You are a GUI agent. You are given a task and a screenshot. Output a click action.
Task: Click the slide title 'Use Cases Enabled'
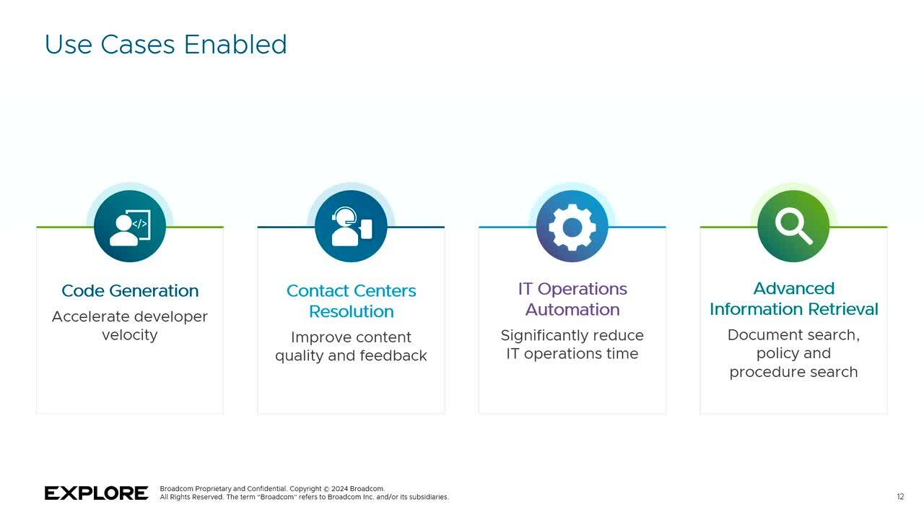[x=165, y=45]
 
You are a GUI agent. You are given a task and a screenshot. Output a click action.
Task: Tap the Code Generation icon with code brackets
[x=130, y=226]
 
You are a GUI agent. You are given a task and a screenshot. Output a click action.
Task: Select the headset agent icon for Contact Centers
[x=351, y=226]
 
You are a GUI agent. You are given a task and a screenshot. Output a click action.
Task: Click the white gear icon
[x=572, y=227]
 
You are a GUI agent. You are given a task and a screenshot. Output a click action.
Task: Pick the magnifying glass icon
[x=793, y=225]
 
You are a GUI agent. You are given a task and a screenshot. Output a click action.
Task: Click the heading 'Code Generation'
[x=130, y=291]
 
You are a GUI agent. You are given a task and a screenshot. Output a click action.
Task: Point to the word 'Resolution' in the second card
[x=352, y=311]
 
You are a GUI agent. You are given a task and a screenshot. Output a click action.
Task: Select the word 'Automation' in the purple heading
[x=572, y=310]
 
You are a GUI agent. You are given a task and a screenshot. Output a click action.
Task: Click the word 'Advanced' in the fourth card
[x=794, y=288]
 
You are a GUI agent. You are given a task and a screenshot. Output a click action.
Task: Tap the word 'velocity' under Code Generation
[x=130, y=334]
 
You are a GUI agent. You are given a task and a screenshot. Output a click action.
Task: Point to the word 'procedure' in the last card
[x=761, y=373]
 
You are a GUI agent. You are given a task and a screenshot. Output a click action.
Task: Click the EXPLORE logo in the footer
[x=97, y=493]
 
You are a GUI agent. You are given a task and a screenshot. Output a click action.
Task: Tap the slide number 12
[x=900, y=497]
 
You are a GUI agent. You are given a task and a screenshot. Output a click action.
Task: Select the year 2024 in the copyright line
[x=339, y=489]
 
